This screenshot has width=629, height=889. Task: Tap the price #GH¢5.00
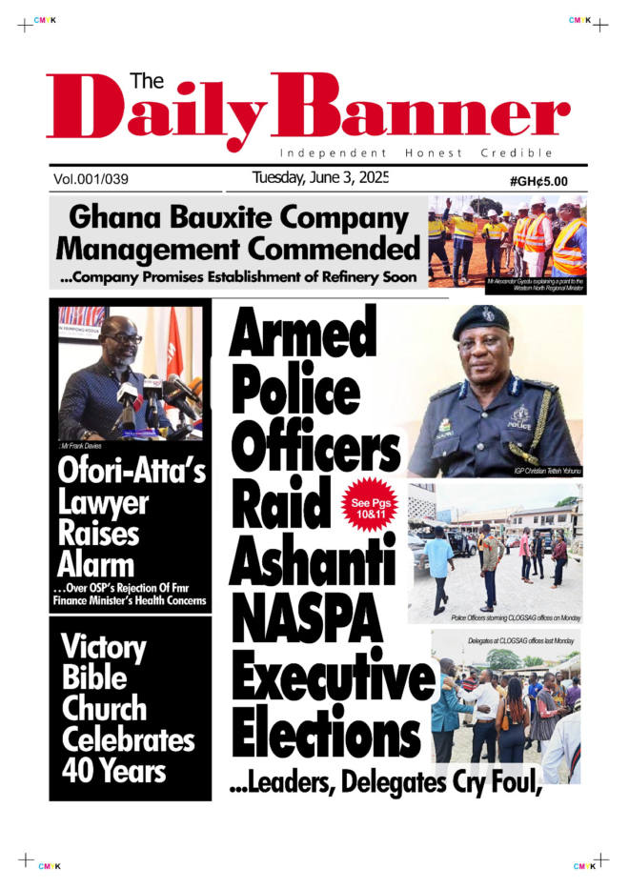(538, 181)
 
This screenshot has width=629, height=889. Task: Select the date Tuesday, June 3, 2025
(320, 177)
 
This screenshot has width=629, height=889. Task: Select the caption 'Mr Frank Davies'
(82, 446)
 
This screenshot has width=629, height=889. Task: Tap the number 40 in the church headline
(80, 770)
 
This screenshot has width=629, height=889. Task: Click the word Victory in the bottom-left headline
(104, 649)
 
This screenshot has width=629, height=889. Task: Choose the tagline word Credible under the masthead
(517, 152)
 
